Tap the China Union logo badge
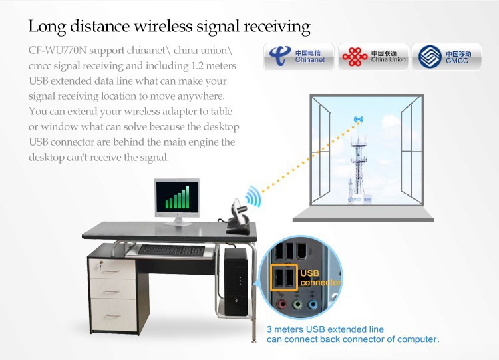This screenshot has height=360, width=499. tap(372, 57)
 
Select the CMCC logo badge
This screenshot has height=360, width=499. tap(445, 57)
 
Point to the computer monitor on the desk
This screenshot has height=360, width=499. tap(176, 199)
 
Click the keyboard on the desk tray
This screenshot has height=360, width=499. tap(171, 250)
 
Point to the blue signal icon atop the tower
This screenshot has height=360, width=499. tap(359, 121)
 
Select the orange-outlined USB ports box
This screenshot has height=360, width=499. tap(284, 277)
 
